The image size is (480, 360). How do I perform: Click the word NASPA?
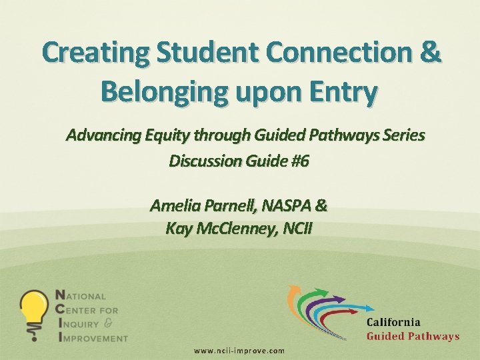pos(287,205)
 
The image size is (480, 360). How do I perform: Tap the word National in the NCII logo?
pos(84,296)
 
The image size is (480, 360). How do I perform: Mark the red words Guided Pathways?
pos(413,336)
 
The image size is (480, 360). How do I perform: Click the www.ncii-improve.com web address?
pos(239,351)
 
